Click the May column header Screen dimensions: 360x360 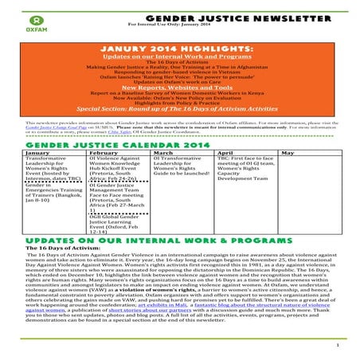(288, 151)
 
